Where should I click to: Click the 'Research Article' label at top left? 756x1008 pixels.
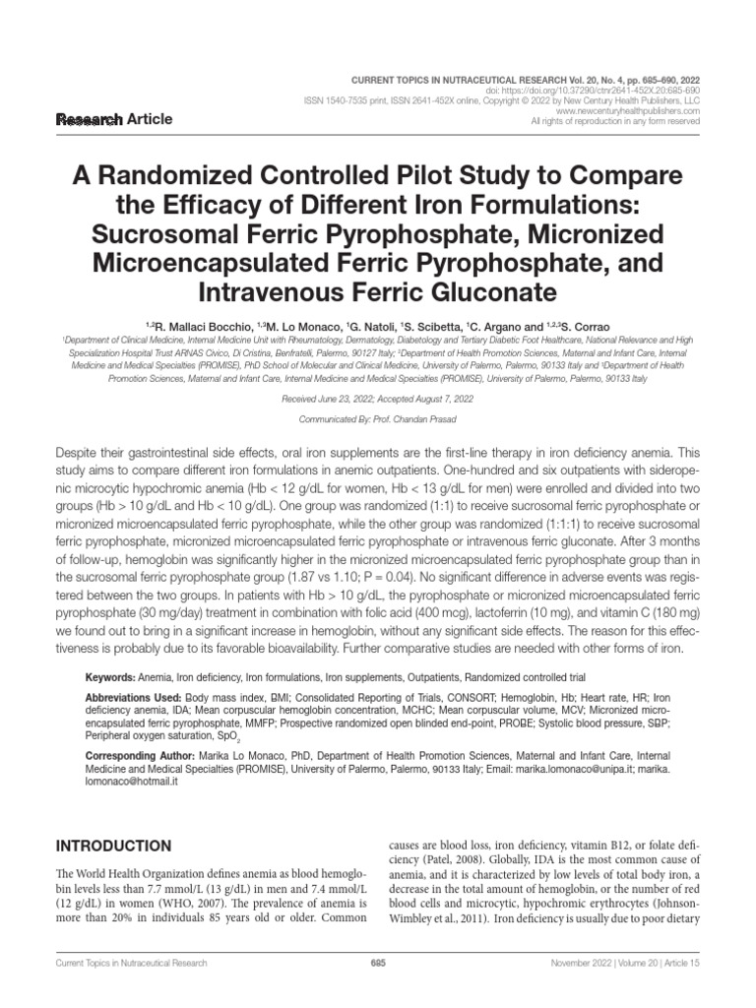point(115,119)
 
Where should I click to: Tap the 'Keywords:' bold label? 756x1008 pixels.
point(109,678)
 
